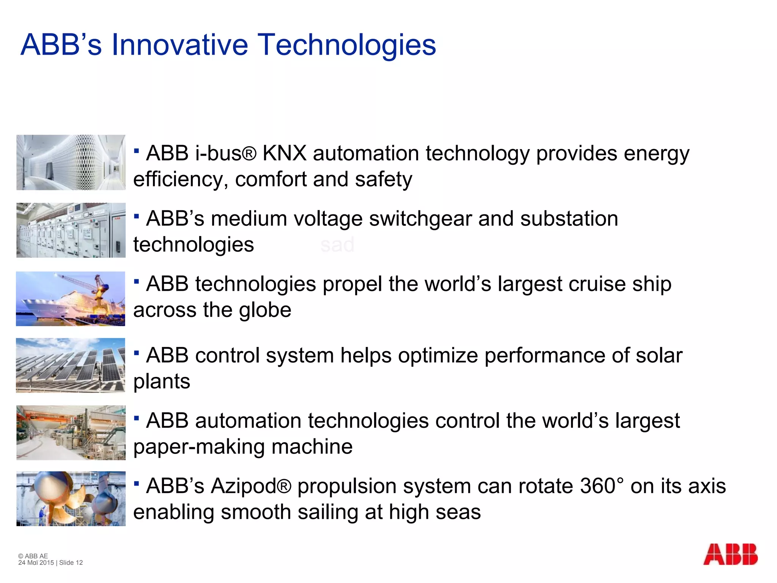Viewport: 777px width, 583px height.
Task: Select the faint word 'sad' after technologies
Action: tap(337, 244)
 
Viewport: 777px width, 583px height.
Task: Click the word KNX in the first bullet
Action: tap(284, 153)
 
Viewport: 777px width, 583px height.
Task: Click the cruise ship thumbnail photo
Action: tap(71, 299)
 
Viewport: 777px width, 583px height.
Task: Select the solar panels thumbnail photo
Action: tap(71, 365)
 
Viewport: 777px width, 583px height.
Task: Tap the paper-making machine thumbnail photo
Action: tap(71, 433)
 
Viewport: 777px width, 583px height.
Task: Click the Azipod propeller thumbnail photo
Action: tap(71, 499)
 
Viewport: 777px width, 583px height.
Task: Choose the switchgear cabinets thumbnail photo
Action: tap(71, 230)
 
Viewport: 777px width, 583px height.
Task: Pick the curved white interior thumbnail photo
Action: tap(71, 162)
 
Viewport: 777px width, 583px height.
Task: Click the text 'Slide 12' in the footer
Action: tap(71, 563)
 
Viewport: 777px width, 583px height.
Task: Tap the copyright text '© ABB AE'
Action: tap(33, 556)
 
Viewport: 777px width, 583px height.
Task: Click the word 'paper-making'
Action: tap(199, 447)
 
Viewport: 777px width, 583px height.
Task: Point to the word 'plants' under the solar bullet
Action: tap(162, 381)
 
